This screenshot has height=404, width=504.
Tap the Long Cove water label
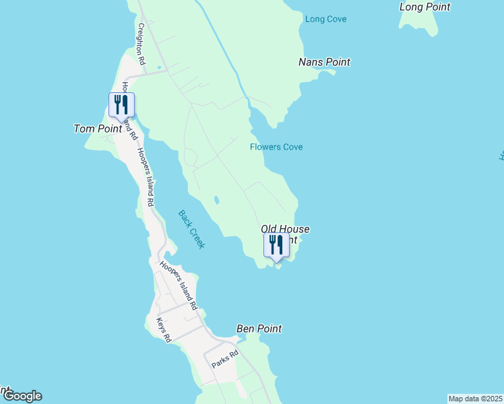pos(325,19)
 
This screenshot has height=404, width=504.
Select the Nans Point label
pos(324,62)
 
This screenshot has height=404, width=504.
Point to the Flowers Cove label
pos(276,147)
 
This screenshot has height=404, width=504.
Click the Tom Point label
pos(97,128)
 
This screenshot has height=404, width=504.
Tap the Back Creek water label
pos(191,230)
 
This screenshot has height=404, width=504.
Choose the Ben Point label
pos(259,329)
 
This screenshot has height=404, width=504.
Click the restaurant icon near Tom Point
pos(121,105)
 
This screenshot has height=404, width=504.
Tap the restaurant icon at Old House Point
pos(276,244)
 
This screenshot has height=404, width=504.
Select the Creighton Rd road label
pos(141,44)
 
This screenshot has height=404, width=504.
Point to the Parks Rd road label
pos(225,360)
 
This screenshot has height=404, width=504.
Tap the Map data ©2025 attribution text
pos(475,399)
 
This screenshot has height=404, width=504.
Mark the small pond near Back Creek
pos(216,200)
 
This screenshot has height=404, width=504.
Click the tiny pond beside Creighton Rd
pos(160,67)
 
